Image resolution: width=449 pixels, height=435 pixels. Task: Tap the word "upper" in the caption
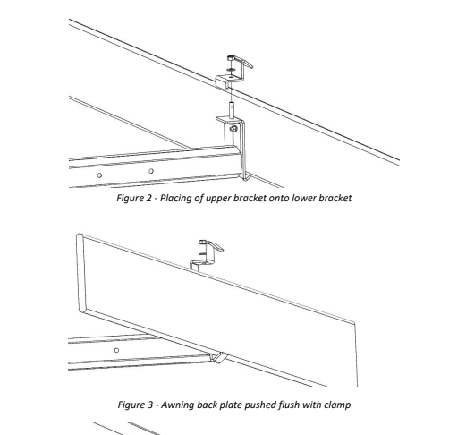(x=218, y=199)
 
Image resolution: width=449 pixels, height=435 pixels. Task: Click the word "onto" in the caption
(x=279, y=199)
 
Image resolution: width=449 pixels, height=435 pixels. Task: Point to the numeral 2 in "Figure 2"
(x=149, y=198)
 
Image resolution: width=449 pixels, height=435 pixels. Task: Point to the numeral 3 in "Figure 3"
(x=150, y=405)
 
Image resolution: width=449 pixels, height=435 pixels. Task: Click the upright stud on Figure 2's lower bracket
(x=232, y=110)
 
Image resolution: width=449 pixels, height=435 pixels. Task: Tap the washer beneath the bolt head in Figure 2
(x=231, y=70)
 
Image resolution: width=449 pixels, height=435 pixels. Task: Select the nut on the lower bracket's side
(x=233, y=129)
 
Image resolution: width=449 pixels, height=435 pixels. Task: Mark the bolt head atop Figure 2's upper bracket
(x=232, y=57)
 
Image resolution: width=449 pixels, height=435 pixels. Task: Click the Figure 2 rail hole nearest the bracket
(x=151, y=171)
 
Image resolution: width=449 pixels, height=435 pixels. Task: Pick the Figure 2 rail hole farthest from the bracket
(x=99, y=175)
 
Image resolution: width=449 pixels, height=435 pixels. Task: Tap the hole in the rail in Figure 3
(x=116, y=350)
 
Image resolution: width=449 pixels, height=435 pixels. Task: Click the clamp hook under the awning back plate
(x=218, y=357)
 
